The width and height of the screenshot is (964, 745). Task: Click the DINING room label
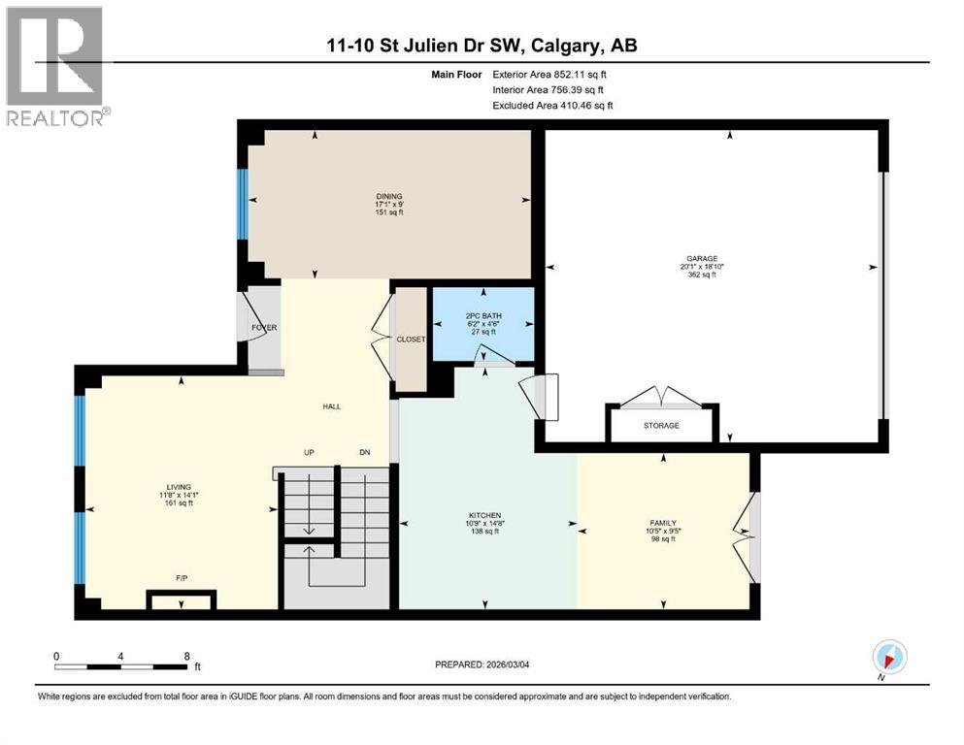(x=388, y=196)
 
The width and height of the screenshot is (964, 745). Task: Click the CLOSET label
(x=411, y=340)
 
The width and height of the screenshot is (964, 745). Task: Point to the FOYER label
(x=264, y=328)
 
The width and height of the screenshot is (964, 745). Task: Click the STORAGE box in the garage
(x=661, y=425)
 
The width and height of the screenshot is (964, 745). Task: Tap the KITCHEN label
(x=482, y=516)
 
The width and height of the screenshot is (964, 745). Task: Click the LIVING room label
(x=178, y=487)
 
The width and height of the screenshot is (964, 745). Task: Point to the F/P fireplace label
(x=181, y=577)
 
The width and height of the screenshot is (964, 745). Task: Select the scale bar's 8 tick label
(x=186, y=656)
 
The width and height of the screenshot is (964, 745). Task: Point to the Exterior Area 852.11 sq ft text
(x=551, y=74)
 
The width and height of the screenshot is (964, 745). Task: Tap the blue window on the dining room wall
(x=243, y=204)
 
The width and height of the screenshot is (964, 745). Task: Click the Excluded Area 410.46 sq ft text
(x=552, y=105)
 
